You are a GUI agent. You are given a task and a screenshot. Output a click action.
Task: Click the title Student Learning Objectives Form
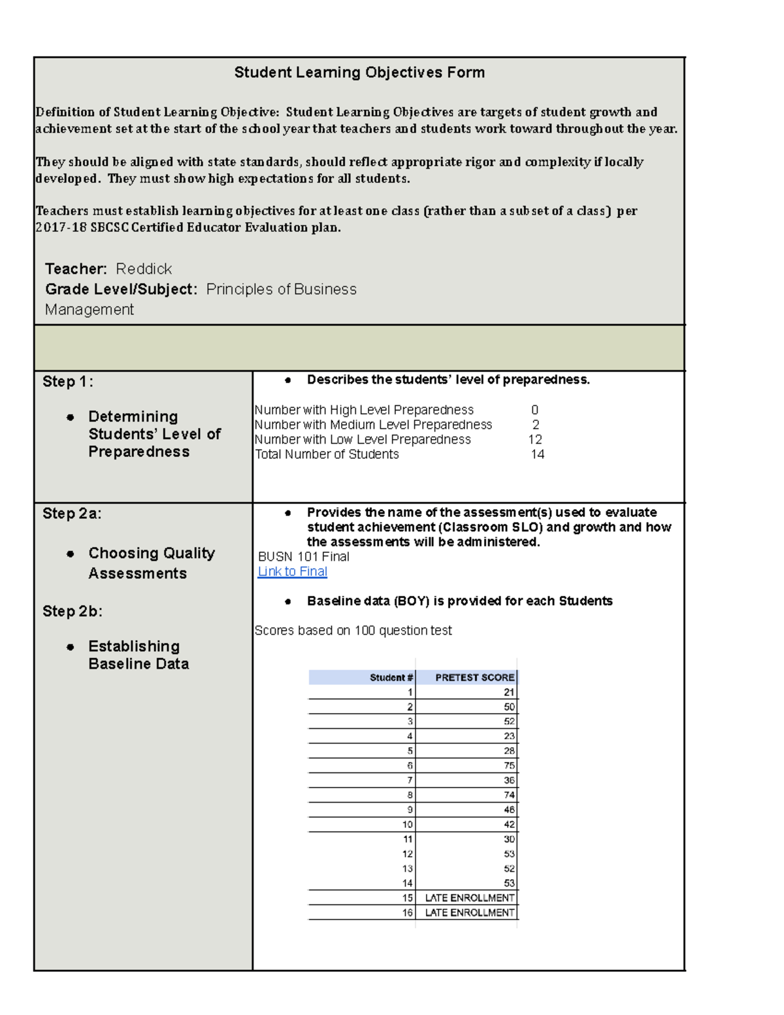pyautogui.click(x=359, y=73)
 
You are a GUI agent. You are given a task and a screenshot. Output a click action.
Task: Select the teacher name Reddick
pyautogui.click(x=144, y=269)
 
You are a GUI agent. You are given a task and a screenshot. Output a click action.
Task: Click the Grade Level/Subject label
pyautogui.click(x=121, y=289)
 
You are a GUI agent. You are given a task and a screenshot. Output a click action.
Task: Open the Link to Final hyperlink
pyautogui.click(x=292, y=571)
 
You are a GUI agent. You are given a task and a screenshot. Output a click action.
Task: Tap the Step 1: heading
pyautogui.click(x=67, y=382)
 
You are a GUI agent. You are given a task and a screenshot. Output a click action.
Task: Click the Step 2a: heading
pyautogui.click(x=72, y=514)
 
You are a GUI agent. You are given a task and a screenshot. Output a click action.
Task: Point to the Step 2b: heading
pyautogui.click(x=72, y=611)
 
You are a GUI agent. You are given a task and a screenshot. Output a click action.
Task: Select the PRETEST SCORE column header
pyautogui.click(x=474, y=677)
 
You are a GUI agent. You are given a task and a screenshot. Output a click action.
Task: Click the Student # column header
pyautogui.click(x=391, y=677)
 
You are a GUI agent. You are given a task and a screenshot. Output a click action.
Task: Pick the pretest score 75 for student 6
pyautogui.click(x=509, y=765)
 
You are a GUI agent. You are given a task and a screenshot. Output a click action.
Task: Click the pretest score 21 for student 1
pyautogui.click(x=509, y=692)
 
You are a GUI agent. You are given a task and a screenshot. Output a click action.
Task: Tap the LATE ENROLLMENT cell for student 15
pyautogui.click(x=469, y=898)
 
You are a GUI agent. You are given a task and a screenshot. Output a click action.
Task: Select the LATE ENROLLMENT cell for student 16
pyautogui.click(x=469, y=912)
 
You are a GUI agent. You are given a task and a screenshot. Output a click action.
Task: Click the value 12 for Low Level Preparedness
pyautogui.click(x=535, y=439)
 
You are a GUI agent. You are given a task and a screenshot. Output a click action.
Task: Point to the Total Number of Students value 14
pyautogui.click(x=537, y=454)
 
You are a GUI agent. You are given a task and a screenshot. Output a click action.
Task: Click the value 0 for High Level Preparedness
pyautogui.click(x=534, y=410)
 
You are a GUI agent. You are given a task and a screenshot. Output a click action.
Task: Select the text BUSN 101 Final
pyautogui.click(x=303, y=557)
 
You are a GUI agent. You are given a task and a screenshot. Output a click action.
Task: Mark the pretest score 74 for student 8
pyautogui.click(x=509, y=795)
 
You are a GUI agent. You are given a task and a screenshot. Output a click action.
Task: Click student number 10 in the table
pyautogui.click(x=407, y=825)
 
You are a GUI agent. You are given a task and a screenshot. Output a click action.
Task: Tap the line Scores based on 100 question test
pyautogui.click(x=353, y=631)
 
